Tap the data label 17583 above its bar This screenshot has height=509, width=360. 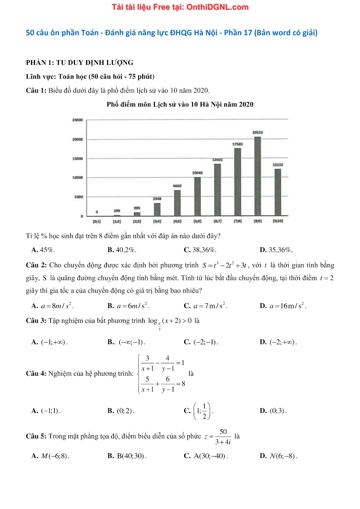click(x=238, y=144)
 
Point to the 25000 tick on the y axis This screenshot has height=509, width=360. click(x=77, y=120)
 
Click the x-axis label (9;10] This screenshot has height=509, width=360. click(x=278, y=221)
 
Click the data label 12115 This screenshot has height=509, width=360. click(x=278, y=165)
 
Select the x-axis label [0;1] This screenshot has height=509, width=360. click(x=97, y=221)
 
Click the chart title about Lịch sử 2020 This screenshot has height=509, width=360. click(x=180, y=104)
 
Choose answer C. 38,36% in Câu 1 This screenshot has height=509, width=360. click(x=200, y=250)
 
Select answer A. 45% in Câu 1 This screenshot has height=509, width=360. click(x=43, y=250)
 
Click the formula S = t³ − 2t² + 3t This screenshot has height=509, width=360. click(x=225, y=265)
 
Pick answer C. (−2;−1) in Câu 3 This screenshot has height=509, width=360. click(x=201, y=342)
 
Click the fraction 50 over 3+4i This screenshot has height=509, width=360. click(x=223, y=436)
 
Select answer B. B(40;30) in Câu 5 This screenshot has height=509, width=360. click(x=127, y=456)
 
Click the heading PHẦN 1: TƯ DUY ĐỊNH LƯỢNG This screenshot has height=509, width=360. click(x=80, y=62)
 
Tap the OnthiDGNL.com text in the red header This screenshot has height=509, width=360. click(x=217, y=7)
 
